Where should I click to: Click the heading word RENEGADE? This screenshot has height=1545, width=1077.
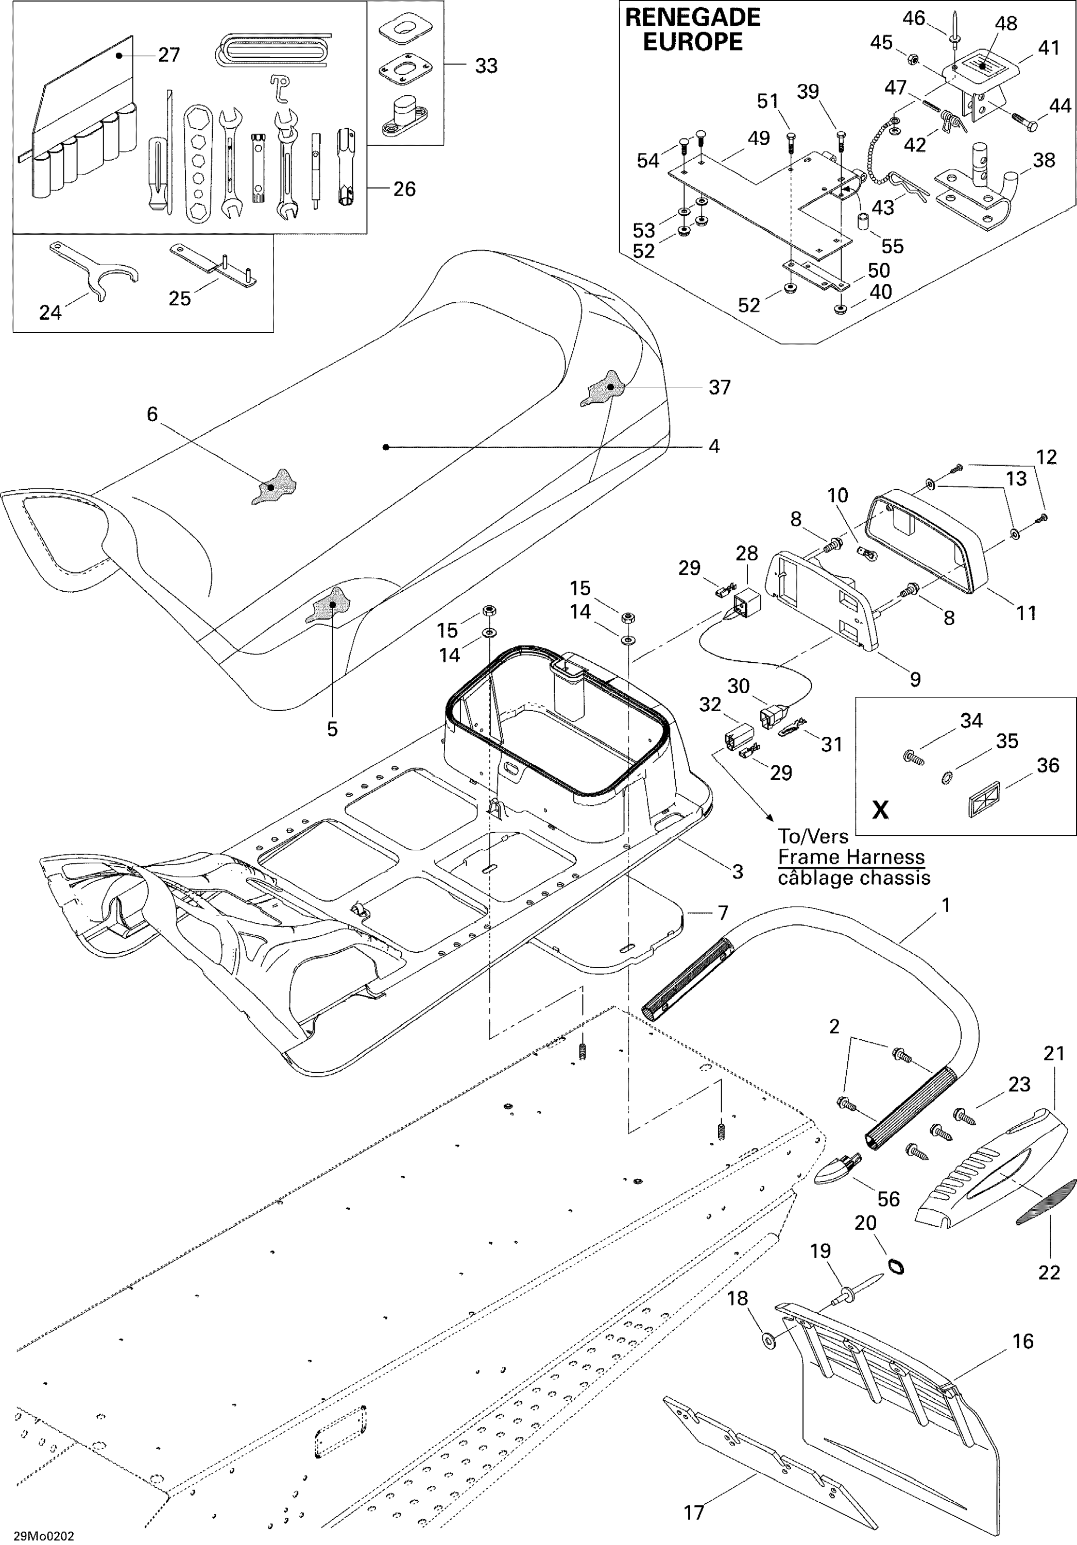pos(693,18)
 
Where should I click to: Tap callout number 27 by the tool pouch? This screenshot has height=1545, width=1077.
pos(169,55)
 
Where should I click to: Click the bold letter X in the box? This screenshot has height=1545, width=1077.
pos(880,810)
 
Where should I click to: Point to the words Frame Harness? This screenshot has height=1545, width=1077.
pos(851,857)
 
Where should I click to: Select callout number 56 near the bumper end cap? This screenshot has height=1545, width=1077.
pos(888,1198)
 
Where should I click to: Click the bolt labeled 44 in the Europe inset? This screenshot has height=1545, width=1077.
pos(1023,121)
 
